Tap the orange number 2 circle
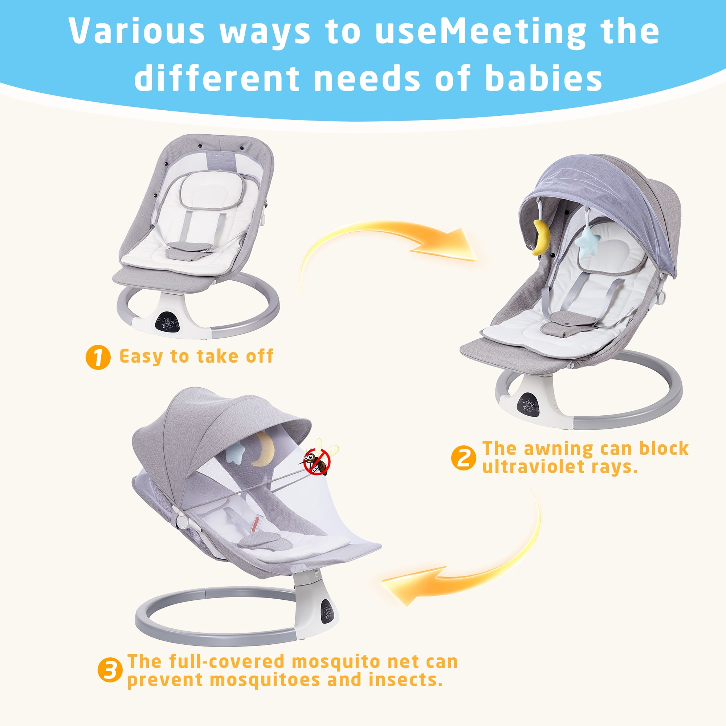pos(464,458)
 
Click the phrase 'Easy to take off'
pos(196,356)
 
